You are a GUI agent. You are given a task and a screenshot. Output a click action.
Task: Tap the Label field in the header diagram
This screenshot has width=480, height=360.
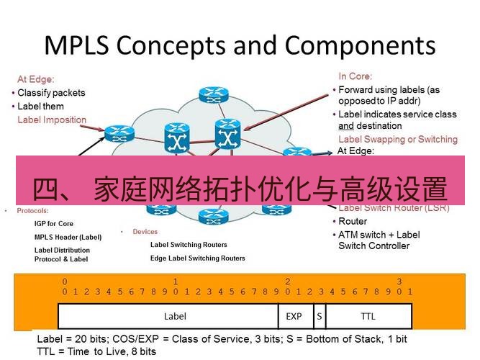click(x=175, y=315)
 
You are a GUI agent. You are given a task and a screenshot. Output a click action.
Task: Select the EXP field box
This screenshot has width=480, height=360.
click(x=294, y=315)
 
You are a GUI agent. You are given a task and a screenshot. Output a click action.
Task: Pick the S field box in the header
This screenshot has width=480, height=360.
click(x=319, y=315)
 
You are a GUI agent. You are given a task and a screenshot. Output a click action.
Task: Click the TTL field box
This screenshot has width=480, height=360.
click(x=368, y=315)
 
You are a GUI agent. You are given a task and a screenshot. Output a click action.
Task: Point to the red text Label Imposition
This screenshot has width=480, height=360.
click(x=52, y=120)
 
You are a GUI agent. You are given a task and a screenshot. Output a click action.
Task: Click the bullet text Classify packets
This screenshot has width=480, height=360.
click(x=51, y=93)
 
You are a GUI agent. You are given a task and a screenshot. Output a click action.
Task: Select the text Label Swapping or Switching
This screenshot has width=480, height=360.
click(x=397, y=139)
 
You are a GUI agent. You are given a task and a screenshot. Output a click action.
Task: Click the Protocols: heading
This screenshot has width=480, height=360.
click(x=32, y=211)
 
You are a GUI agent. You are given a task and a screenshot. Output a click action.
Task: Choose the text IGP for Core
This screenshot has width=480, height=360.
click(x=54, y=224)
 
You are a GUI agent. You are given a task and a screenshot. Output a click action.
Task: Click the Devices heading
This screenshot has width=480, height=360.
click(x=145, y=232)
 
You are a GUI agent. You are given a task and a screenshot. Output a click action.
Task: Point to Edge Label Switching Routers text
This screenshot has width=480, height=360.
click(x=197, y=258)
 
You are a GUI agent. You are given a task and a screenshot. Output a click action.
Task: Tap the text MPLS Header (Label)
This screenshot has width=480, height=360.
click(x=68, y=237)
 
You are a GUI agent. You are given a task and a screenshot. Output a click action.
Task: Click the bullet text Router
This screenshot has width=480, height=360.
click(x=353, y=222)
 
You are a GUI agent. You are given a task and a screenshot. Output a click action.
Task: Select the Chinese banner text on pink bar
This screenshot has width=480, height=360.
click(x=240, y=189)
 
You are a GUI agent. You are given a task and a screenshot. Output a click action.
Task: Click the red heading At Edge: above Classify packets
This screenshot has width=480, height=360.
click(x=35, y=79)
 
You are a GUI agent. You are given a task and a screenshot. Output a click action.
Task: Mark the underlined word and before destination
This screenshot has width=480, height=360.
click(x=346, y=125)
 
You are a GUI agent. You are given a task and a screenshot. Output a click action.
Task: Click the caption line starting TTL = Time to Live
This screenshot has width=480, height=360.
click(x=96, y=351)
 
